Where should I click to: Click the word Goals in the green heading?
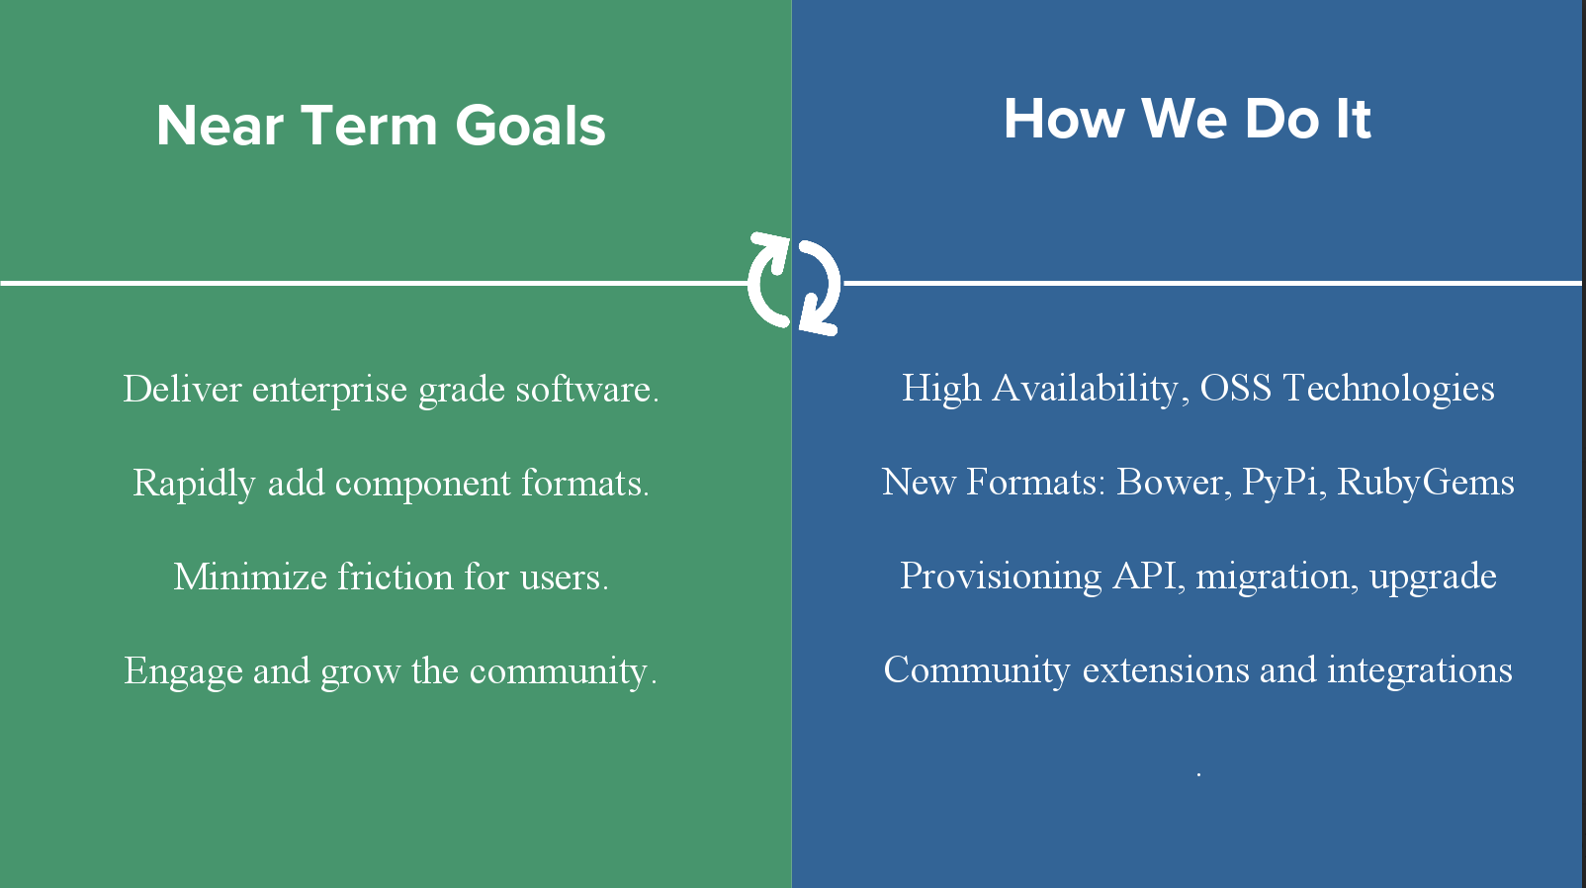[x=530, y=126]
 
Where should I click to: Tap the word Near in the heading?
[x=220, y=126]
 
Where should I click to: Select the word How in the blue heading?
[x=1064, y=119]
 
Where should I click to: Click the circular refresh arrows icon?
[x=793, y=283]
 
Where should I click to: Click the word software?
[x=587, y=389]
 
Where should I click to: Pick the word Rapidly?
[x=193, y=484]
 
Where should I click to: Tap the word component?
[x=422, y=485]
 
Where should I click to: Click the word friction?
[x=395, y=577]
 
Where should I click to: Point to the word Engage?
[x=183, y=671]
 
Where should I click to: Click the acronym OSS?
[x=1236, y=388]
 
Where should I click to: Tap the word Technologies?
[x=1388, y=389]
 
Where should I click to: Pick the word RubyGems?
[x=1425, y=483]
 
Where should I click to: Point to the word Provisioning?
[x=1001, y=577]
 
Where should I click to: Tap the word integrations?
[x=1420, y=669]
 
